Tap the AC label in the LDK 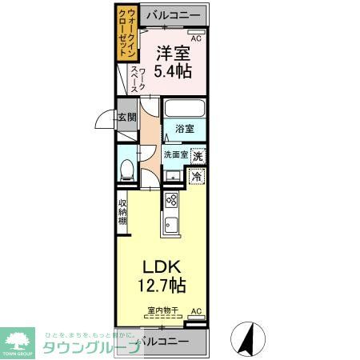point(196,312)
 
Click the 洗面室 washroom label point(175,154)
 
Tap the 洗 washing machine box point(197,157)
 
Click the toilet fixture point(126,169)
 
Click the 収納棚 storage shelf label point(124,213)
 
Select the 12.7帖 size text point(164,286)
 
